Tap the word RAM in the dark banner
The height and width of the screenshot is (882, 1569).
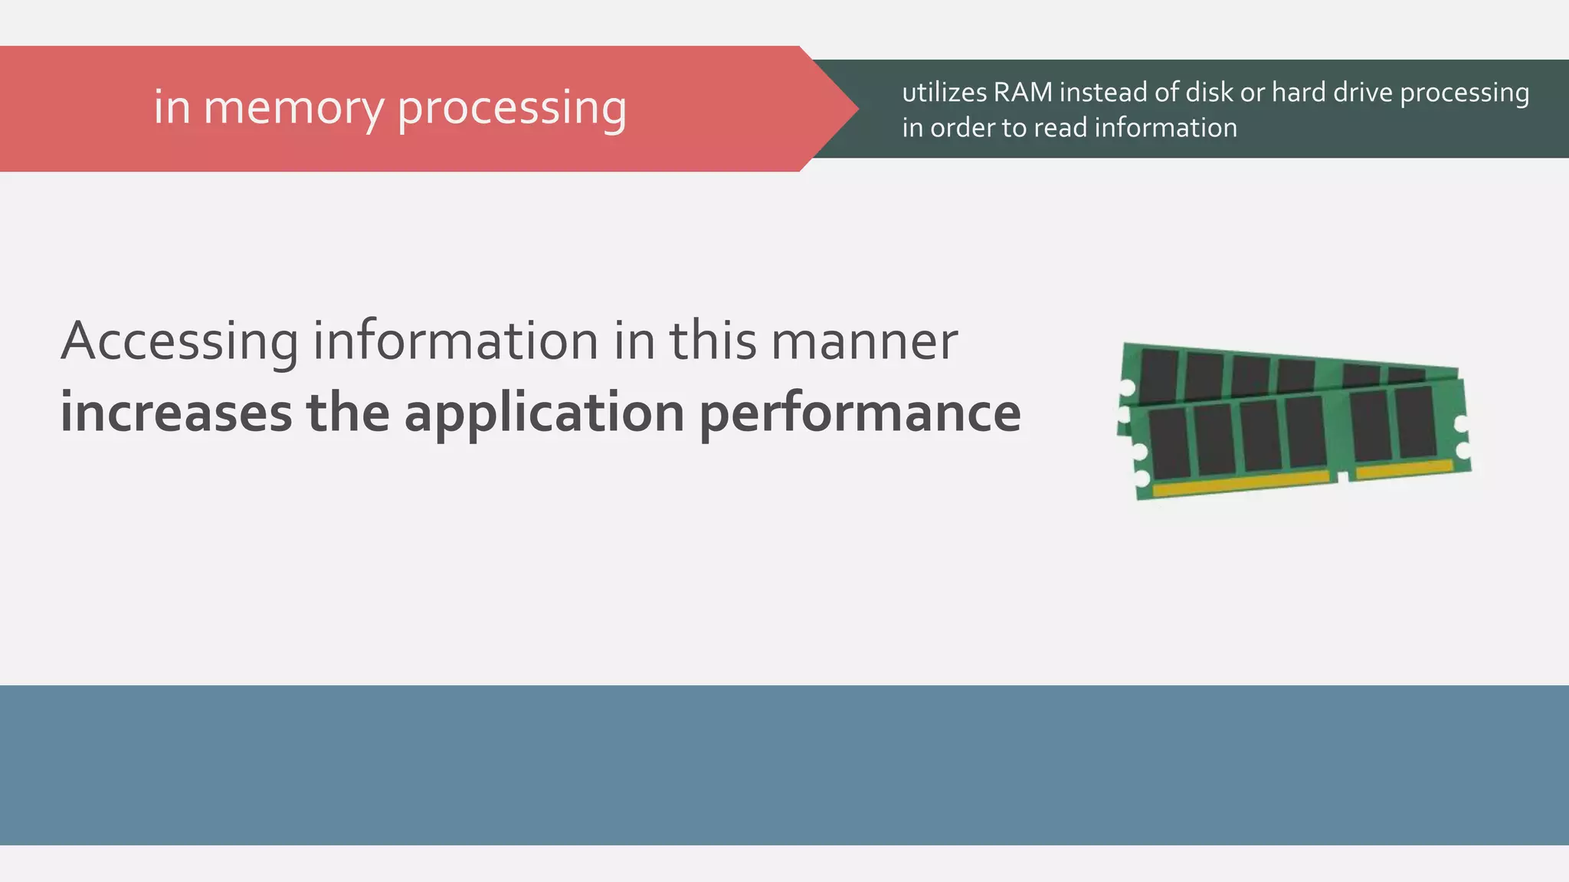1023,93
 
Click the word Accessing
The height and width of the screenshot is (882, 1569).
179,341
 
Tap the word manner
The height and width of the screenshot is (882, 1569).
863,341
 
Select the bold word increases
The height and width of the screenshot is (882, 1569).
175,413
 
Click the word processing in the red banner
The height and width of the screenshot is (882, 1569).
512,109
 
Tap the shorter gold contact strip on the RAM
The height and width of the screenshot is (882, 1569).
1404,469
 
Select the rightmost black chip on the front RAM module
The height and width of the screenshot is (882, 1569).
1415,421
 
